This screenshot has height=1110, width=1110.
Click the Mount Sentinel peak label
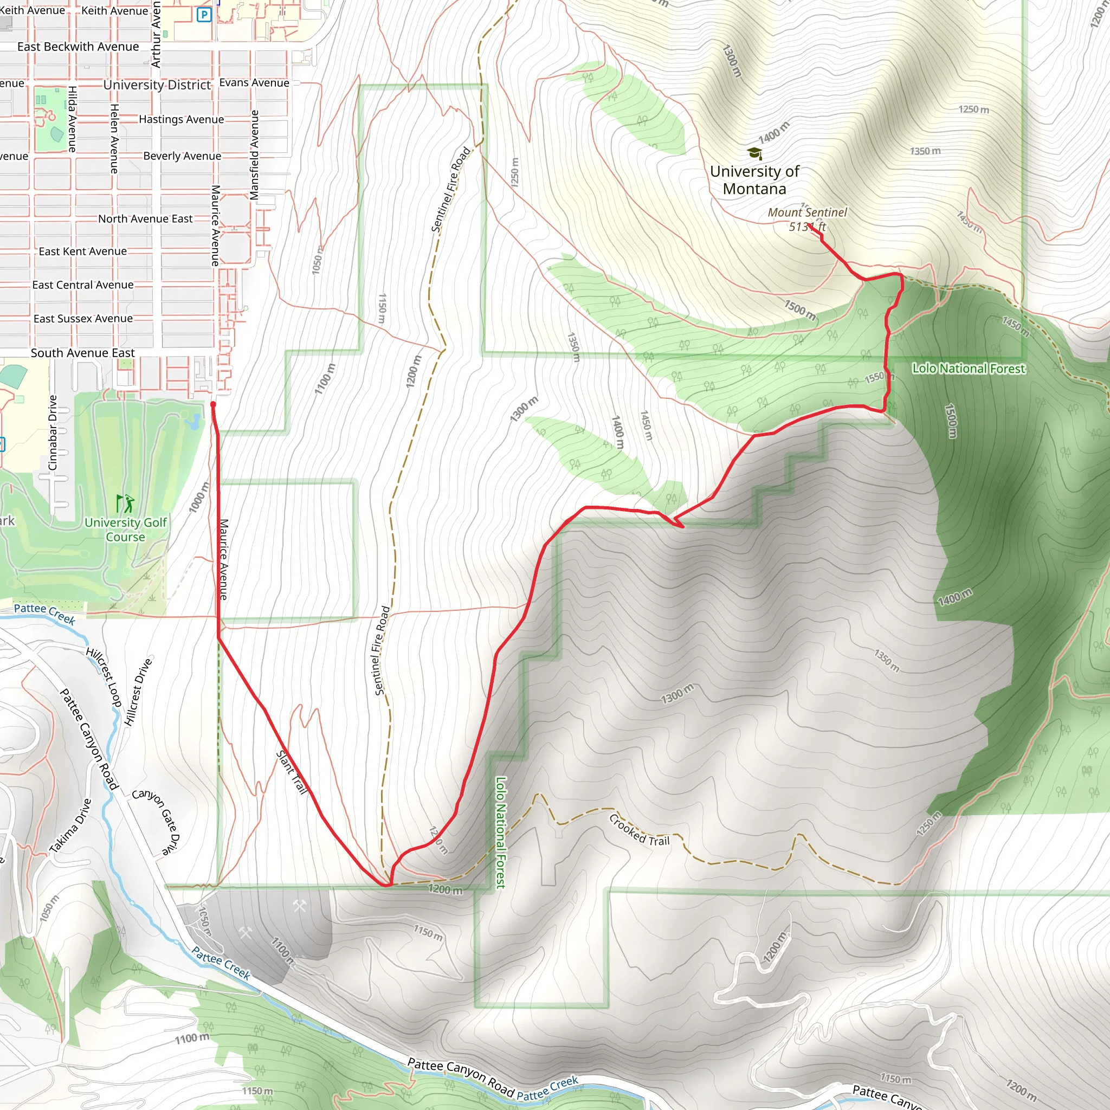pos(807,219)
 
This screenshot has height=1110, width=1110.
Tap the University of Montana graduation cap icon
pos(754,153)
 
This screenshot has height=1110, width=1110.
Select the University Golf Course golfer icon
pos(125,504)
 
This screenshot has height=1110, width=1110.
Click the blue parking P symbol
pos(204,15)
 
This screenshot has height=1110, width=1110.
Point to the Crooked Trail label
pos(640,830)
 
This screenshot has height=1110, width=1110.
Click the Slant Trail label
pos(292,772)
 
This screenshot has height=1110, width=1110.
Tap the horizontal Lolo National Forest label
pos(968,368)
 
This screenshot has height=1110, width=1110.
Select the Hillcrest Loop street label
pos(104,677)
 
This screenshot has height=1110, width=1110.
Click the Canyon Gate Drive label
pos(156,821)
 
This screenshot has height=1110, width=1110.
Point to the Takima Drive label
pos(70,825)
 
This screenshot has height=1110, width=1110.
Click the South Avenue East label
pos(83,353)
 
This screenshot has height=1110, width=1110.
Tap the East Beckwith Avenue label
pos(78,47)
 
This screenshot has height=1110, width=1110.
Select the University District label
pos(157,85)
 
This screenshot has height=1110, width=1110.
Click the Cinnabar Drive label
pos(53,432)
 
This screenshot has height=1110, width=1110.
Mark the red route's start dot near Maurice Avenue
pos(213,404)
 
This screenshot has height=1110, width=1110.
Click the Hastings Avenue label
pos(181,119)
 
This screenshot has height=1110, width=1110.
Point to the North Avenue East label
pos(145,218)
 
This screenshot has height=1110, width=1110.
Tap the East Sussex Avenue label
pos(83,318)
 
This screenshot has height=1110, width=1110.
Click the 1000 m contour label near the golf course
pos(199,497)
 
